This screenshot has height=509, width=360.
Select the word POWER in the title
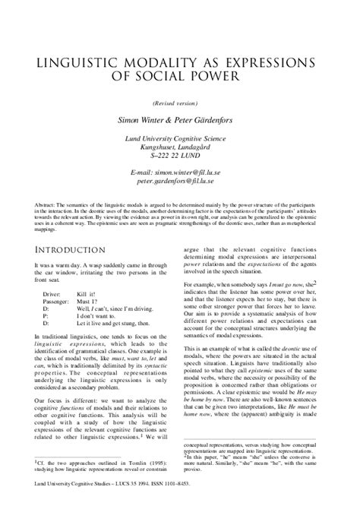click(223, 77)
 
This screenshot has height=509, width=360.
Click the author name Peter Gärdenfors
click(214, 120)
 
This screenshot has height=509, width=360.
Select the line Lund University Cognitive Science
click(179, 138)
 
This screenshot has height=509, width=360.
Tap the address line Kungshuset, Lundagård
click(179, 147)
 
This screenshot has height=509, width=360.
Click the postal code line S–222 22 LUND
click(179, 156)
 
